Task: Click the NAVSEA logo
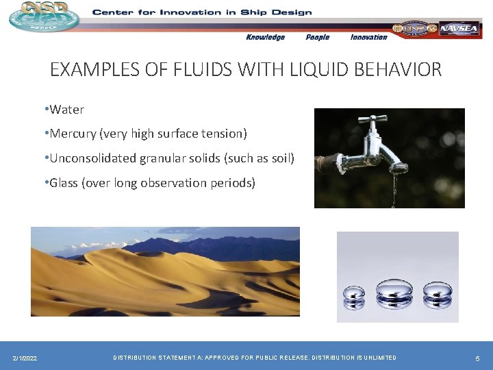tap(459, 29)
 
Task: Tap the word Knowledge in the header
tap(265, 37)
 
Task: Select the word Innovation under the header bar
tap(368, 37)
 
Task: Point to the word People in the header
tap(317, 37)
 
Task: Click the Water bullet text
tap(66, 110)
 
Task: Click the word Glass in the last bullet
tap(64, 183)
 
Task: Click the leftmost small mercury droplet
tap(354, 295)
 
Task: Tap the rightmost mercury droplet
tap(436, 293)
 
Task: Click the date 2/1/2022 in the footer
tap(25, 358)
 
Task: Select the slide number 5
tap(477, 358)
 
